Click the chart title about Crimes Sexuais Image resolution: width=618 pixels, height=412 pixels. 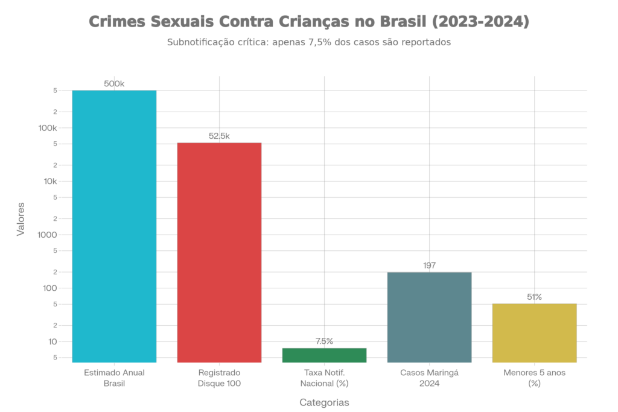tap(309, 22)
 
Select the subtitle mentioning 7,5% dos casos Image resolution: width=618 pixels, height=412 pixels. tap(309, 43)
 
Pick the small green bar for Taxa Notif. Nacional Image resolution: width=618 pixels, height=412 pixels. tap(324, 355)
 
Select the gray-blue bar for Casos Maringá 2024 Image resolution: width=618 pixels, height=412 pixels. tap(429, 317)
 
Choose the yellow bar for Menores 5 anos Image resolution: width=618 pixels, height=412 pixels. tap(534, 333)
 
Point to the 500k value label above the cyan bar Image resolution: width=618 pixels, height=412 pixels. tap(114, 84)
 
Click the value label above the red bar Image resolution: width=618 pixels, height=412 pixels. tap(219, 136)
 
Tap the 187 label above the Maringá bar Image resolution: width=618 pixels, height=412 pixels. tap(429, 265)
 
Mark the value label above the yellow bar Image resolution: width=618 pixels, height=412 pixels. tap(534, 297)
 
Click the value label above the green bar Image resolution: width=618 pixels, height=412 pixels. tap(324, 341)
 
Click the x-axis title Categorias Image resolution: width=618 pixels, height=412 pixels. tap(324, 401)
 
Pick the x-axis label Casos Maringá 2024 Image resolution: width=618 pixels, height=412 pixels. tap(429, 378)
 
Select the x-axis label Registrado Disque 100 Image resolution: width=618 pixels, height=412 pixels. tap(219, 378)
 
